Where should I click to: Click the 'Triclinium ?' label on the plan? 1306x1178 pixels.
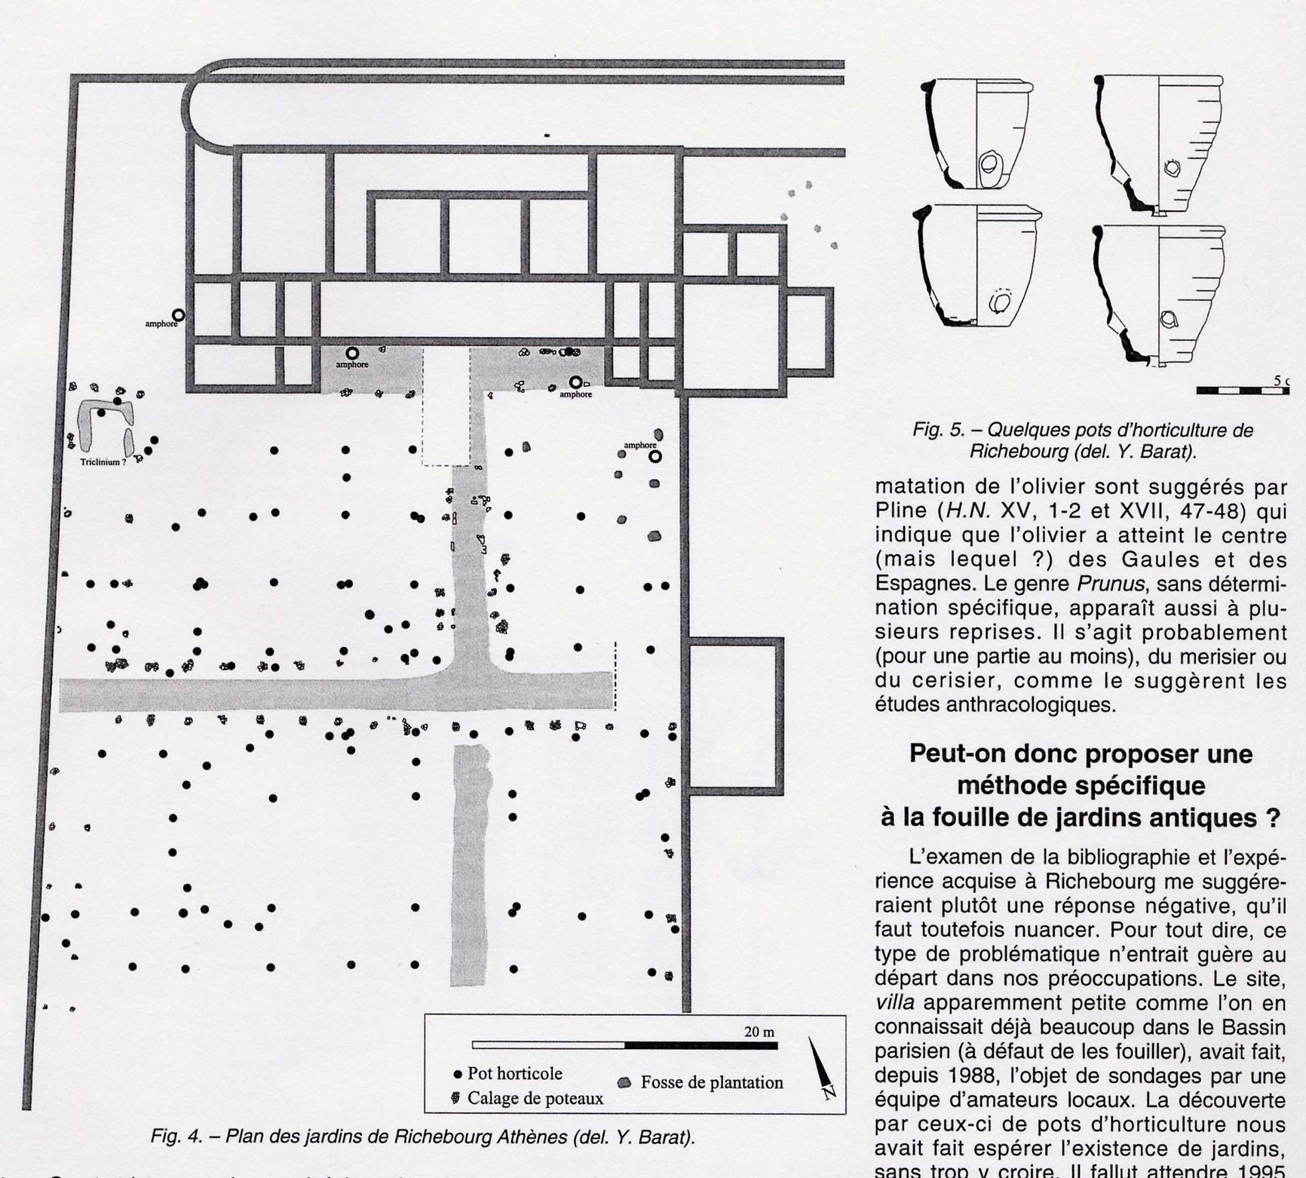[x=103, y=462]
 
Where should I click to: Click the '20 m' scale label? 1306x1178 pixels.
[x=759, y=1032]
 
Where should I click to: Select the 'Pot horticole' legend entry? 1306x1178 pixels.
[x=508, y=1073]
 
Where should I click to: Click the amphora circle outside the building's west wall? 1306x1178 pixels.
[x=178, y=315]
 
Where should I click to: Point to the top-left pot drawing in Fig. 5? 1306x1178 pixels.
[x=976, y=133]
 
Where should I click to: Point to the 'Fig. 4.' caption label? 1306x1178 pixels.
[x=173, y=1137]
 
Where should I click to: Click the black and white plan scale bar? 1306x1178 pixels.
[x=624, y=1045]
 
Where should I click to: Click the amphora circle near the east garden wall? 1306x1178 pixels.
[x=655, y=456]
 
